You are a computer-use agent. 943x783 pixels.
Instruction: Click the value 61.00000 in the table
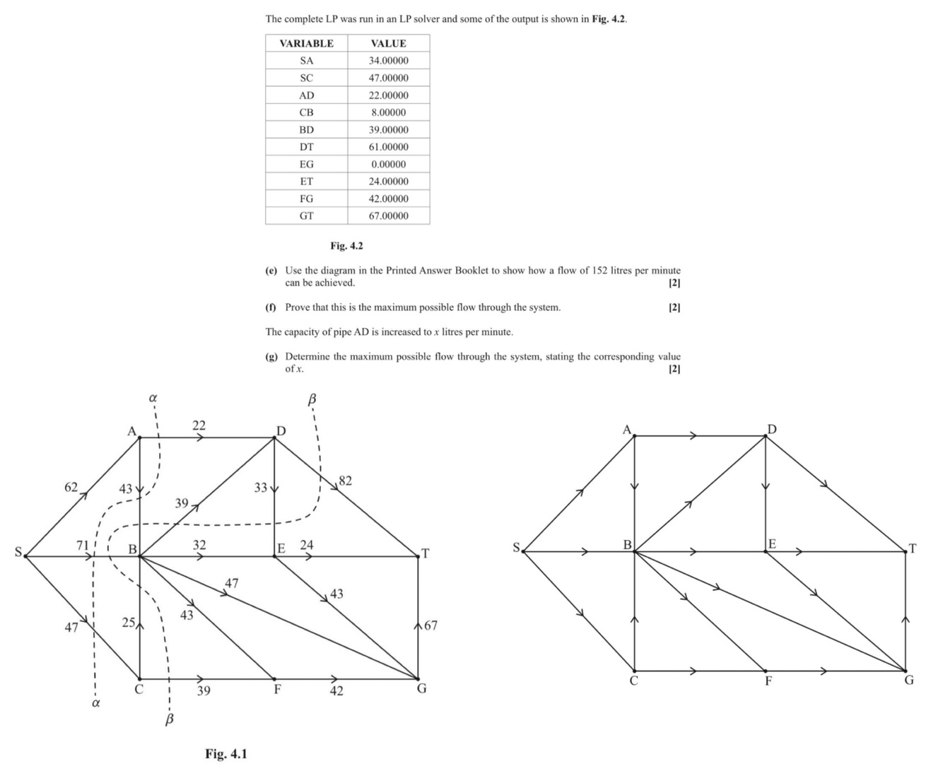tap(388, 147)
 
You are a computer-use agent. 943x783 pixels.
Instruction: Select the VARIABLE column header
tap(306, 43)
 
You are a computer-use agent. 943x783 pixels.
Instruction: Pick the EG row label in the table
tap(306, 164)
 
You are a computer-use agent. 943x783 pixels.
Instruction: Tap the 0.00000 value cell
tap(388, 164)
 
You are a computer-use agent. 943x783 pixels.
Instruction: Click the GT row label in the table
tap(306, 216)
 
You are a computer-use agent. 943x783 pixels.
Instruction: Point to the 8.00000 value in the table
tap(388, 112)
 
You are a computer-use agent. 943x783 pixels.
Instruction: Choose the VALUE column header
tap(388, 43)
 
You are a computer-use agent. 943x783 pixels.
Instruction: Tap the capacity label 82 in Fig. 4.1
tap(345, 481)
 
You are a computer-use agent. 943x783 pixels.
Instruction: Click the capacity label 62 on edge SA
tap(71, 487)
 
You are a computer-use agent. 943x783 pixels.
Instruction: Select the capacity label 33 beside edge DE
tap(261, 487)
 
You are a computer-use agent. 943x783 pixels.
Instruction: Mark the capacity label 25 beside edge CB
tap(129, 623)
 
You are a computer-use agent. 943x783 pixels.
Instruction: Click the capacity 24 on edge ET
tap(307, 545)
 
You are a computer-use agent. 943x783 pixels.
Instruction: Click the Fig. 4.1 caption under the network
tap(226, 753)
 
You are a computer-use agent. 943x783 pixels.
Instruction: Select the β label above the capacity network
tap(311, 400)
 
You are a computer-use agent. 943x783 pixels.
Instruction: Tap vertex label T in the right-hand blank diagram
tap(913, 548)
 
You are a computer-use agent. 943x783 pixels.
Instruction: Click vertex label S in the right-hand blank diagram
tap(516, 546)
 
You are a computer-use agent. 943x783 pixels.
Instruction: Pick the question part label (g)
tap(271, 357)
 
